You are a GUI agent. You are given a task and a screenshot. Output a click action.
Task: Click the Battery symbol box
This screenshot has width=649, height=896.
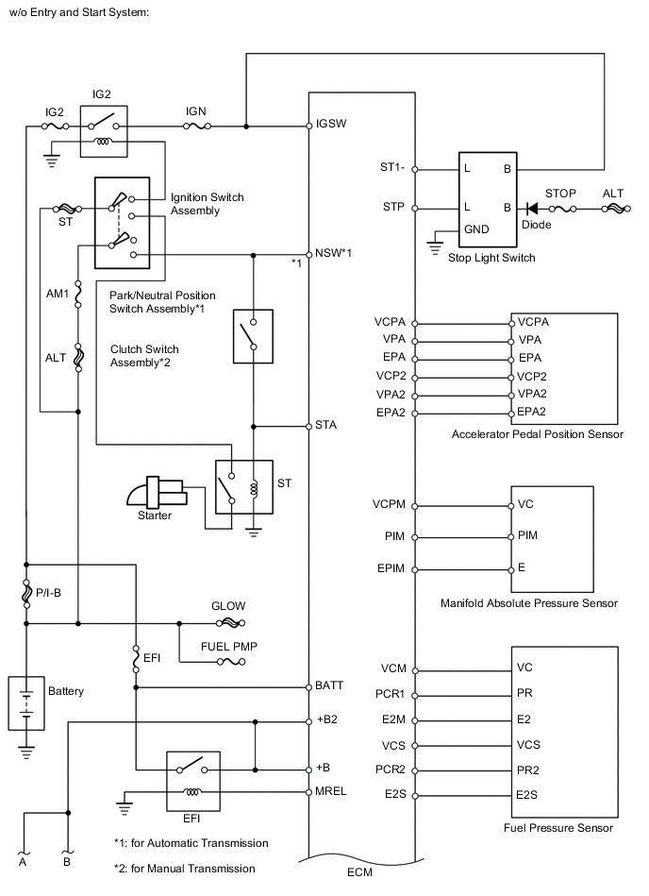tap(27, 702)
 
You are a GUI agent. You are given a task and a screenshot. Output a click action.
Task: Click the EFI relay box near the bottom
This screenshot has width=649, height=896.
tap(192, 781)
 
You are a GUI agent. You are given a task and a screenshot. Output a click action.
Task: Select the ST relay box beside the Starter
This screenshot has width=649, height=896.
tap(243, 487)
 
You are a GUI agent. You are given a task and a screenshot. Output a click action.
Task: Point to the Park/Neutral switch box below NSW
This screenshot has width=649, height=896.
tap(252, 335)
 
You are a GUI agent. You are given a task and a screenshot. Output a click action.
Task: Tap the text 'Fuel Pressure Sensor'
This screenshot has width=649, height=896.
tap(558, 828)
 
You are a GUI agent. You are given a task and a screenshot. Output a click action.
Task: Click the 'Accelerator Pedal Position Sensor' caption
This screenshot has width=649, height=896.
tap(538, 434)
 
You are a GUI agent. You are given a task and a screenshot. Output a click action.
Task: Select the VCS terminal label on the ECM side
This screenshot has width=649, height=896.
tap(393, 745)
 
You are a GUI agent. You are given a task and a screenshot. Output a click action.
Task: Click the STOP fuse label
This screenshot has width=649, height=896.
tap(561, 193)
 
